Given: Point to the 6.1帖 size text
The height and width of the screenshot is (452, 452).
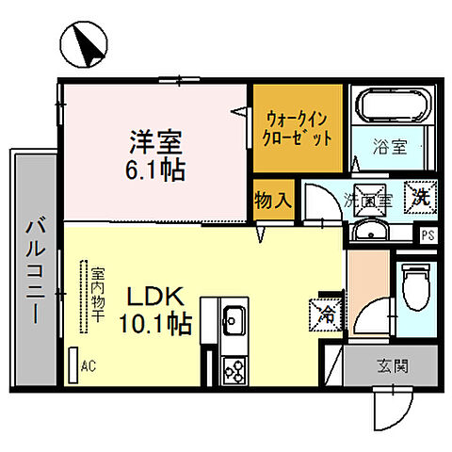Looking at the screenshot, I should (x=156, y=171).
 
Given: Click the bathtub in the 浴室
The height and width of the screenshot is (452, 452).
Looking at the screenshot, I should (x=391, y=105).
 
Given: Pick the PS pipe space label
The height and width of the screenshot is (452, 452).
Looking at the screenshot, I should (x=428, y=236).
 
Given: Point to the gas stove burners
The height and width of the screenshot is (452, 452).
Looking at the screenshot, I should (x=231, y=369).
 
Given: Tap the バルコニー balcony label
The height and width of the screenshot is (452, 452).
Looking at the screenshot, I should (x=36, y=272).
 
